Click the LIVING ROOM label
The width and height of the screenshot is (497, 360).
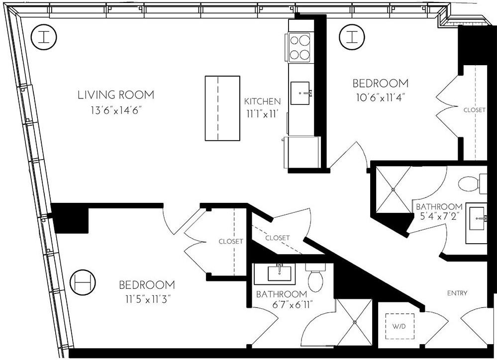click(x=115, y=94)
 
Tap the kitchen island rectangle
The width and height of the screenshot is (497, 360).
click(x=222, y=108)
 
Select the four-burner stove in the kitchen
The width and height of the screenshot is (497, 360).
click(x=299, y=47)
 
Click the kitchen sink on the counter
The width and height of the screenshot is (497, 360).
click(x=300, y=93)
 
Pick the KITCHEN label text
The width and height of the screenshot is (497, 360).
click(x=262, y=101)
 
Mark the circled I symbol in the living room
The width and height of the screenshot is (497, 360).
click(x=44, y=37)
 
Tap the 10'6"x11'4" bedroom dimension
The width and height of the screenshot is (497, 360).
click(x=380, y=97)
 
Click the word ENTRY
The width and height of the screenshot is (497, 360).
click(x=457, y=293)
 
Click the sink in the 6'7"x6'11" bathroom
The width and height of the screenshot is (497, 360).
click(x=275, y=273)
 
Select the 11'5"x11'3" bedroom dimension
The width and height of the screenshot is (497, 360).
click(x=146, y=300)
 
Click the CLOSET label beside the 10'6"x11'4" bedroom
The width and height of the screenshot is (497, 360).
click(x=474, y=110)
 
